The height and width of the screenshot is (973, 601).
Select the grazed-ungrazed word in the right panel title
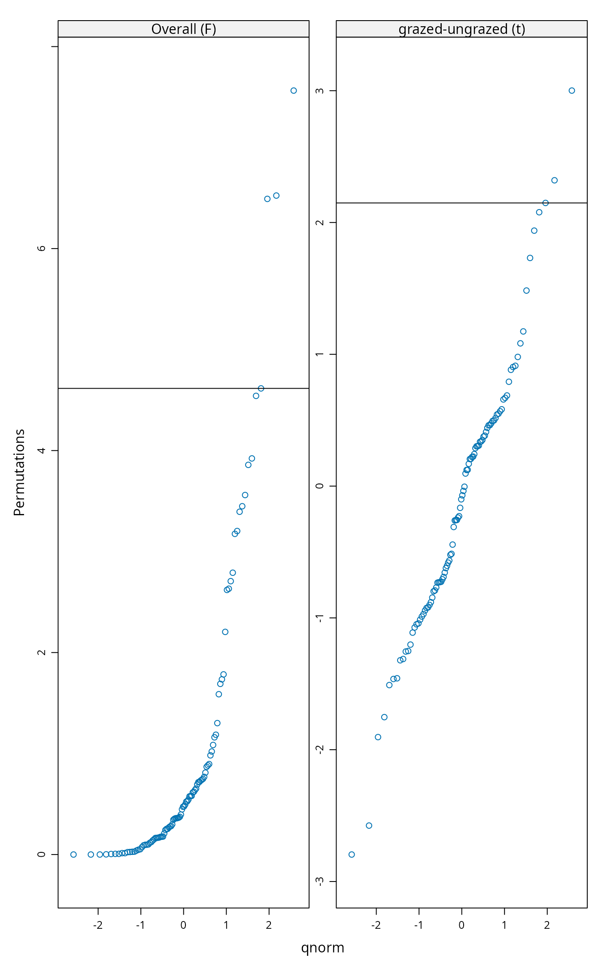tap(453, 29)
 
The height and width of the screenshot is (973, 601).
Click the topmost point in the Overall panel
tap(294, 91)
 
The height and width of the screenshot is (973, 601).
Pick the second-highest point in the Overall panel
tap(276, 196)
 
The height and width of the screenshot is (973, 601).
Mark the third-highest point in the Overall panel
tap(267, 199)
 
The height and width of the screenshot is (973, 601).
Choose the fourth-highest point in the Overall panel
tap(261, 389)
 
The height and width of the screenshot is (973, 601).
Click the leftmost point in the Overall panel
tap(73, 854)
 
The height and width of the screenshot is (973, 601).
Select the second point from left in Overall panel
tap(91, 854)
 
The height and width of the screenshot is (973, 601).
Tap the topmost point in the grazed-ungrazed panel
tap(572, 91)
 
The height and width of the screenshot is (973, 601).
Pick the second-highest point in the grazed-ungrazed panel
tap(555, 180)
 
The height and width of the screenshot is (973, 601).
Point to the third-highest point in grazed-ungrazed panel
tap(546, 203)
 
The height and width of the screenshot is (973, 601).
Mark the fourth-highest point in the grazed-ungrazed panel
tap(539, 212)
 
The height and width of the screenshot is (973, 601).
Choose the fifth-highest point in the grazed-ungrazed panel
tap(534, 231)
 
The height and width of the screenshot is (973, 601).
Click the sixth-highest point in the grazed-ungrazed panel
tap(530, 258)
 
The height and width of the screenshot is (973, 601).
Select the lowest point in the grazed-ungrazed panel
tap(352, 854)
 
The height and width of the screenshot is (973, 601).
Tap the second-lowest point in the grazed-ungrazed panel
tap(369, 826)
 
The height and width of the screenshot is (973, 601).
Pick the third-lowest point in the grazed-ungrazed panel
tap(378, 737)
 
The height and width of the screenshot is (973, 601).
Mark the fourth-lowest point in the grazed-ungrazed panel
tap(384, 717)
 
